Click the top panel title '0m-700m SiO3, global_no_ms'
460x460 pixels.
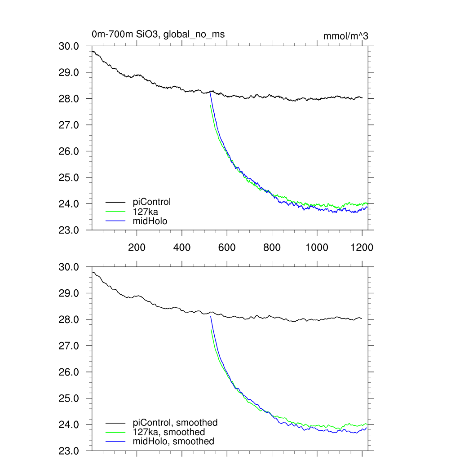tap(158, 34)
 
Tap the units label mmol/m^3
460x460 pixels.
tap(346, 36)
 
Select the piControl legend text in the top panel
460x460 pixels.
tap(152, 202)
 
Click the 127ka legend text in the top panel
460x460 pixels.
tap(146, 211)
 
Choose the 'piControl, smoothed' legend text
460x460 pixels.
tap(175, 423)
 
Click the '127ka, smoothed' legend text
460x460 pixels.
tap(169, 432)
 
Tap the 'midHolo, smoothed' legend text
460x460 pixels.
tap(173, 442)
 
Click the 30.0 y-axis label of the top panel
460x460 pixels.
tap(69, 46)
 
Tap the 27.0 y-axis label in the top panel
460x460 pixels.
tap(69, 125)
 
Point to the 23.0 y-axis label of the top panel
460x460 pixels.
tap(69, 230)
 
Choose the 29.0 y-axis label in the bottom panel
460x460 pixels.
tap(69, 293)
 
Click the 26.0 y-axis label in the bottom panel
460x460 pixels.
tap(69, 372)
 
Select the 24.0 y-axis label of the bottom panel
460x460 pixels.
tap(69, 425)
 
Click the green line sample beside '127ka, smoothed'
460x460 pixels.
tap(115, 432)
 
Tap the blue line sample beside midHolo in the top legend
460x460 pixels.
tap(115, 221)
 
